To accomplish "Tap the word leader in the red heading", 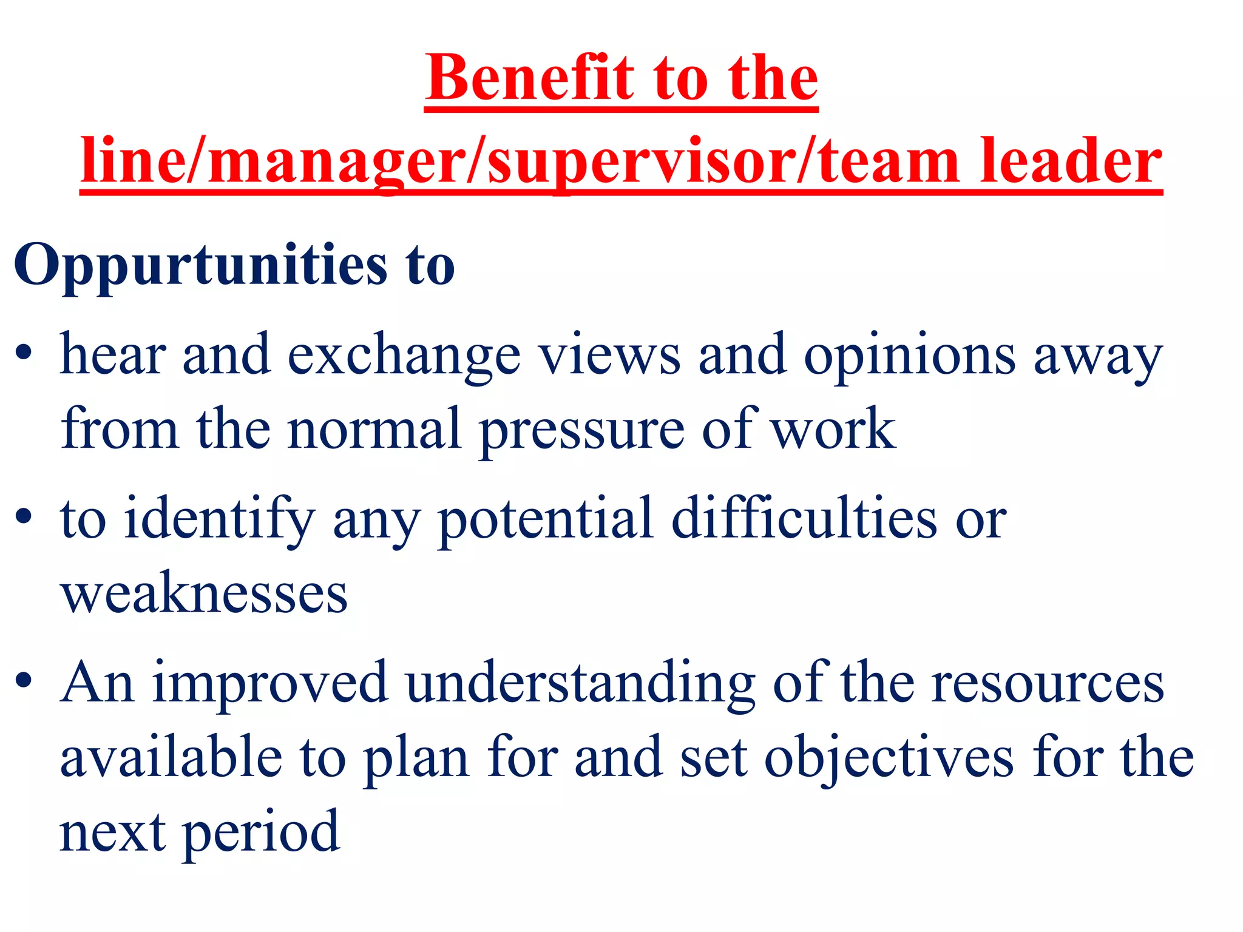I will coord(1071,161).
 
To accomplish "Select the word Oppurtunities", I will coord(201,266).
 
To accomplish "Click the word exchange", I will coord(404,357).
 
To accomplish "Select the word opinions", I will coord(909,357).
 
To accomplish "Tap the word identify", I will coord(219,521).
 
